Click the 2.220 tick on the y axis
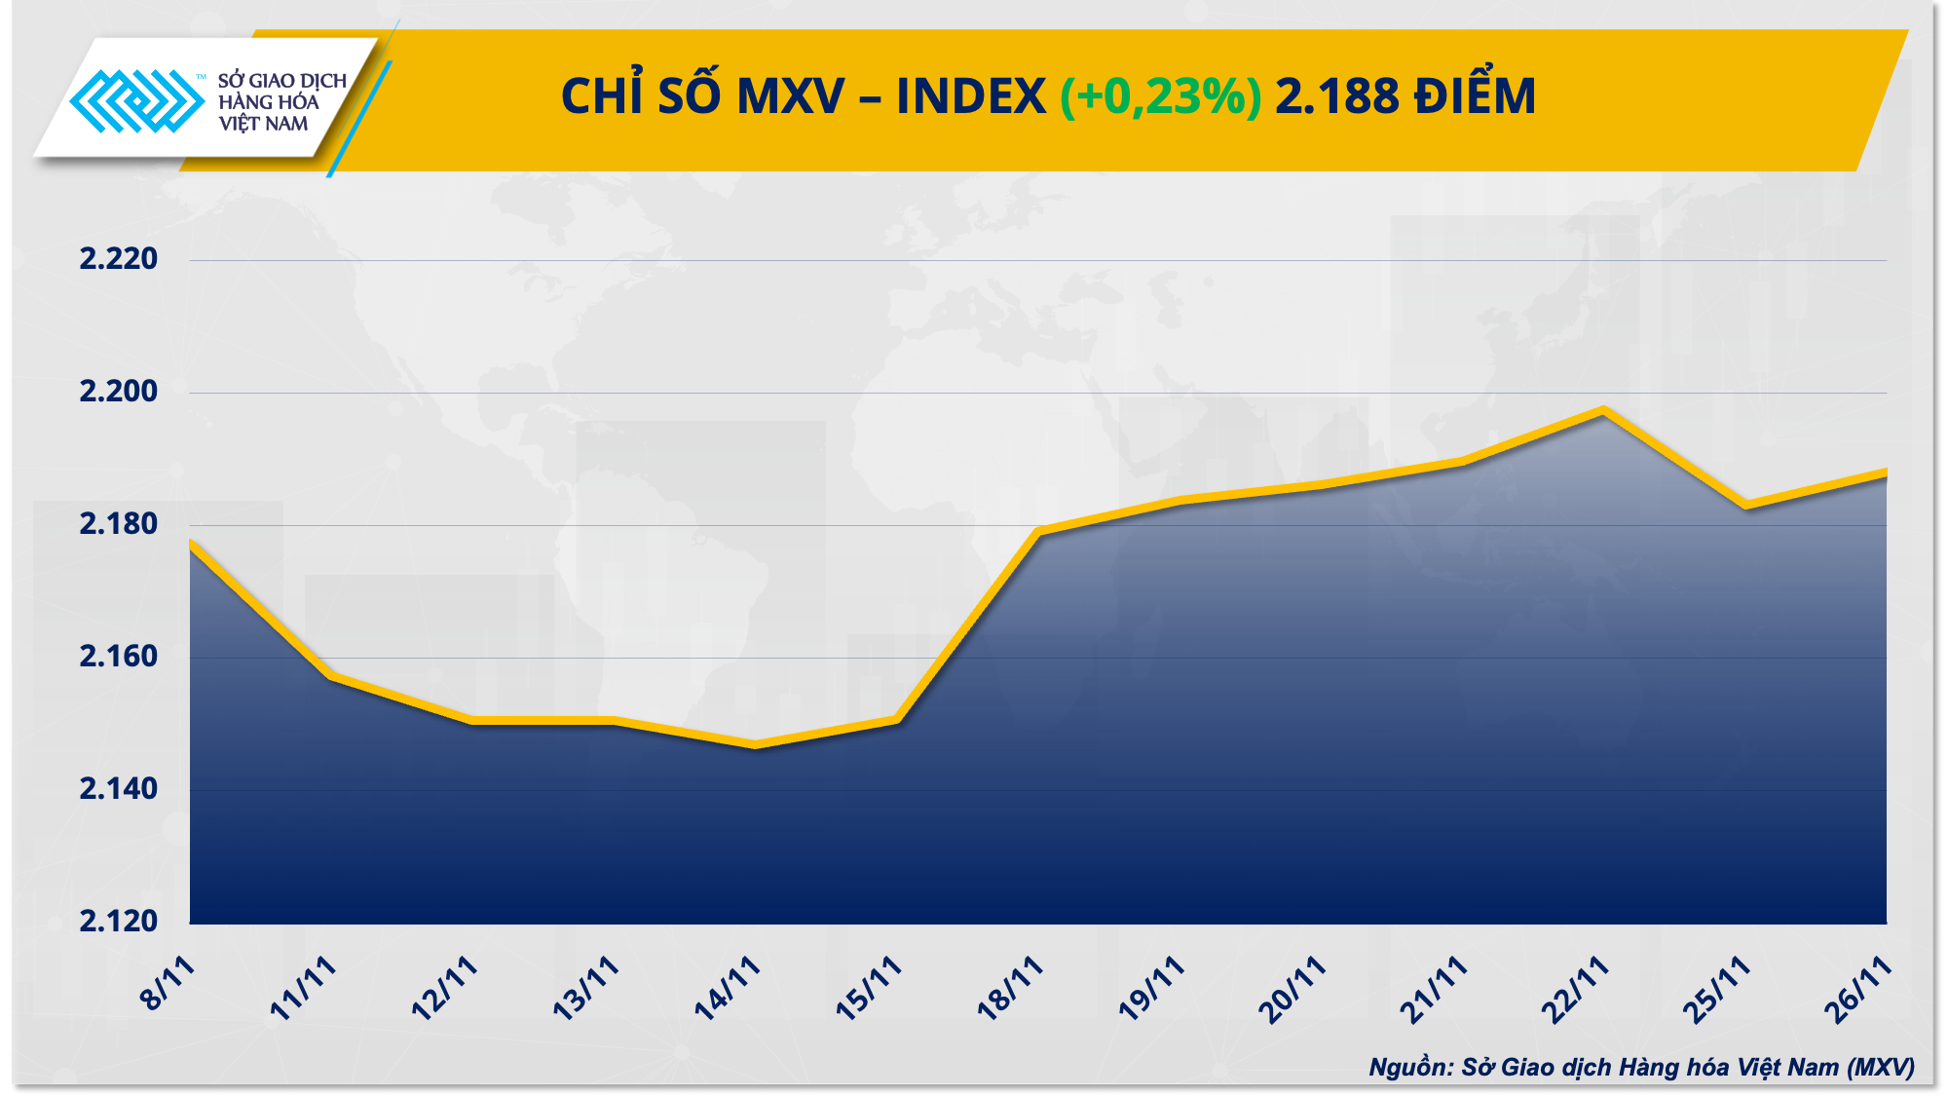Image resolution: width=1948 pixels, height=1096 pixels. point(118,259)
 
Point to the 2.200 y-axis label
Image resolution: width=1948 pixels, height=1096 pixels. point(118,392)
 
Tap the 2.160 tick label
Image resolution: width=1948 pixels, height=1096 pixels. point(118,657)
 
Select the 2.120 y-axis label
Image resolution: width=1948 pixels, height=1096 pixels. point(118,922)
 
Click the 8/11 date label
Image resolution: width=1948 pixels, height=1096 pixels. point(168,984)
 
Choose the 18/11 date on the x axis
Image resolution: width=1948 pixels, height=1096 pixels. point(1010,989)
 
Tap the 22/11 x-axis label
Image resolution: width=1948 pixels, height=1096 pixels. point(1575,989)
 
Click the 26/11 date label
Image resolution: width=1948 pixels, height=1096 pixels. point(1858,989)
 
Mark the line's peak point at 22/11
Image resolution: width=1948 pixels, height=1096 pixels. point(1603,411)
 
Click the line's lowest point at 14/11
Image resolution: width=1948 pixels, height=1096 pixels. point(755,745)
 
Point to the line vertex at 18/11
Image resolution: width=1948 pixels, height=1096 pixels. point(1038,532)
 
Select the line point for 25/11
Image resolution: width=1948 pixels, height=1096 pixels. point(1745,506)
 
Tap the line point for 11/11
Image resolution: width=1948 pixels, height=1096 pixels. point(331,675)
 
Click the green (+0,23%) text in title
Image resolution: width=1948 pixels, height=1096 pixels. point(1160,96)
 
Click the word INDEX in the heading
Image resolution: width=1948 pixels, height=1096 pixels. point(970,96)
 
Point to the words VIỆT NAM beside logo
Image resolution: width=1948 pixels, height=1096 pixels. point(263,125)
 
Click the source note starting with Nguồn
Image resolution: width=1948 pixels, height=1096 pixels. point(1641,1068)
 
